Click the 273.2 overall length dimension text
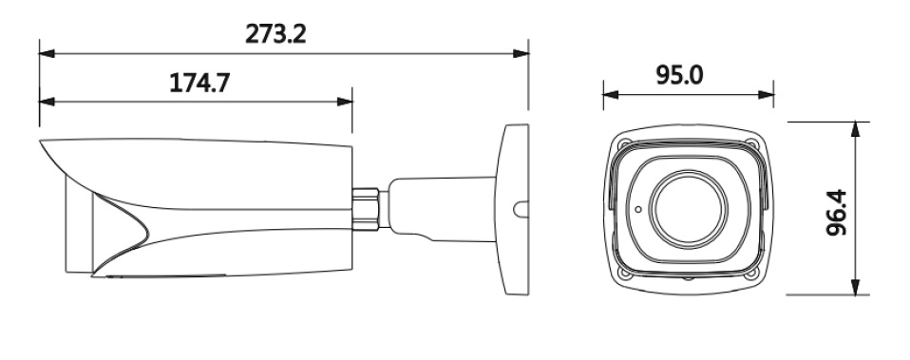coord(275,34)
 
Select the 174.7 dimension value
coord(199,83)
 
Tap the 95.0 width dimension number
coord(679,75)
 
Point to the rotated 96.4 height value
coord(836,213)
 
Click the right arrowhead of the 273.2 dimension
coord(521,53)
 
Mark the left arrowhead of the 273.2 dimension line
coord(47,53)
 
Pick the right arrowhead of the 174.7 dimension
coord(344,102)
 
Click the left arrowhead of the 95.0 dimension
coord(611,95)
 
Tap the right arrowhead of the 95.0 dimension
coord(766,95)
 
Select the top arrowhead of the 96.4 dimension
coord(855,129)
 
